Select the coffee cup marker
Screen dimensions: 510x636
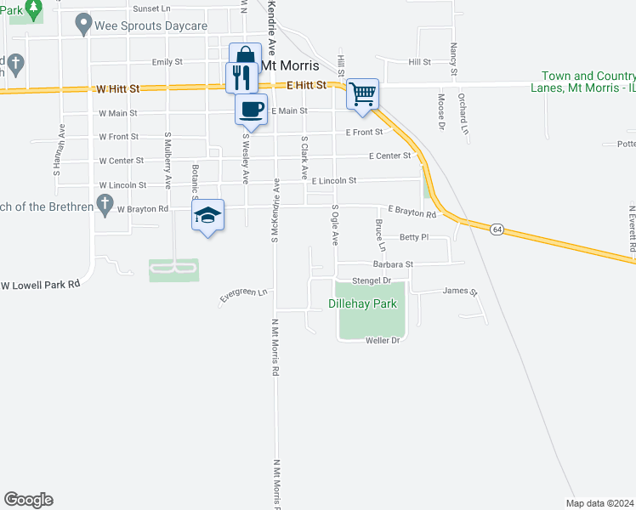point(252,110)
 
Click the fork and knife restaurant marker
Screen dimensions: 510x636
point(240,77)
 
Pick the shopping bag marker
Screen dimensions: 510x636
point(246,56)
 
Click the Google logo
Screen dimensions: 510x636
point(28,500)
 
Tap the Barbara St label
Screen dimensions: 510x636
point(392,264)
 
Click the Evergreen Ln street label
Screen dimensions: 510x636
point(243,294)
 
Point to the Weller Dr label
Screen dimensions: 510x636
point(382,340)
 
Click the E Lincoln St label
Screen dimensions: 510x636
point(333,181)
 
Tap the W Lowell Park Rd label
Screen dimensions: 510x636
point(40,284)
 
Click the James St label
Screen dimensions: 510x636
point(460,292)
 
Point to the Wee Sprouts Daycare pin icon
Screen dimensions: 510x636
point(82,24)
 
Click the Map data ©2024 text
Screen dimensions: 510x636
point(599,503)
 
